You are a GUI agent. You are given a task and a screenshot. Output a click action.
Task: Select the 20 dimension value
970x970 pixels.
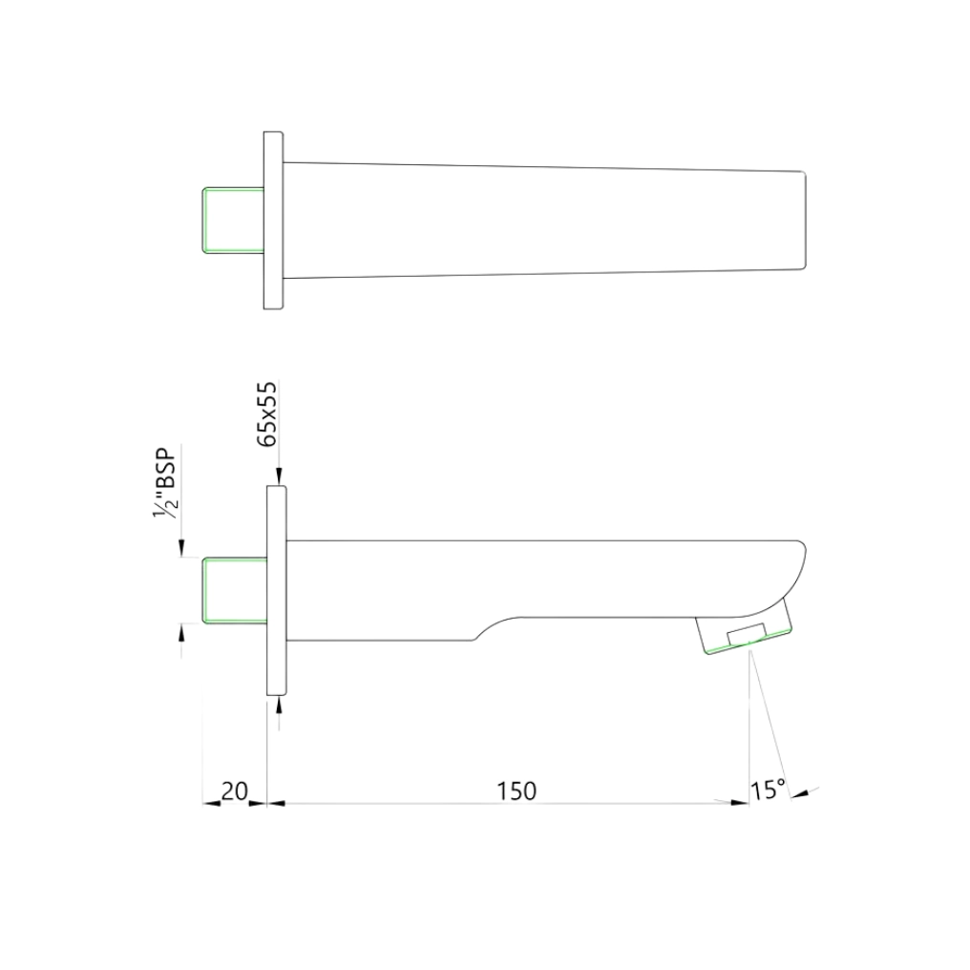click(x=234, y=791)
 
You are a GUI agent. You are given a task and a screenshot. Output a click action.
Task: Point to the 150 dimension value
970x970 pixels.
click(x=517, y=791)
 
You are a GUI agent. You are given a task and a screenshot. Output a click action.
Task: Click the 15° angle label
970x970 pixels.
click(x=768, y=791)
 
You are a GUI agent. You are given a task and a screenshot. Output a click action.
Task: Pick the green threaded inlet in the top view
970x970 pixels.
click(x=232, y=221)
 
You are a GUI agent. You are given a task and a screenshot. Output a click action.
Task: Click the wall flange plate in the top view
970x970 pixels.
click(x=274, y=221)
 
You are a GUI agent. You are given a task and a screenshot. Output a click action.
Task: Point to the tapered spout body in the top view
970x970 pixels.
click(x=544, y=221)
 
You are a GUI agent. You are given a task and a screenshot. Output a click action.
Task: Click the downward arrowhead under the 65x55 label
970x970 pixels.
click(x=278, y=478)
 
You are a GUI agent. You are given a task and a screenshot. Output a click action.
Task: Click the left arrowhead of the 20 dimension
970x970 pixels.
click(x=211, y=803)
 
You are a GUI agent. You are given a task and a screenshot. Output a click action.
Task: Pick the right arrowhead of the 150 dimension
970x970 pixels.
click(x=740, y=803)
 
